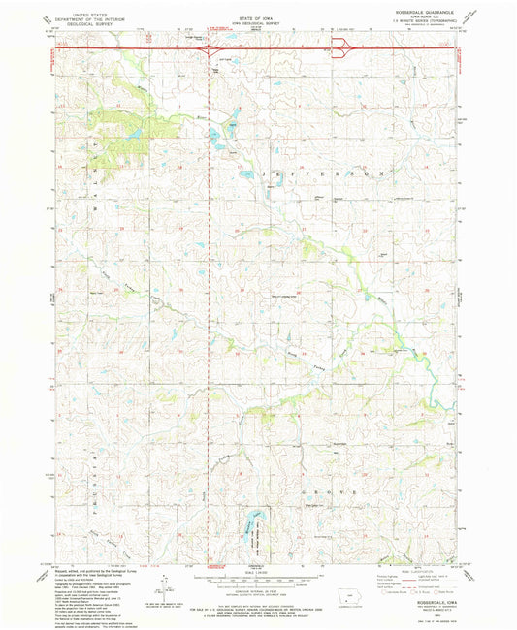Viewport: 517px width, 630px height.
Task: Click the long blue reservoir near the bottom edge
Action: coord(255,523)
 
